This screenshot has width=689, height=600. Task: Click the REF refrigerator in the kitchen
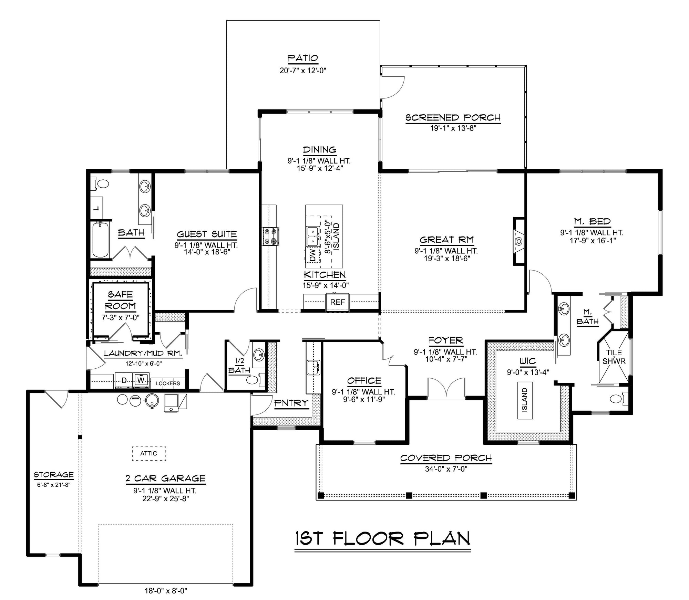(x=337, y=302)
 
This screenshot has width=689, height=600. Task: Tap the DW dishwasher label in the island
(x=312, y=255)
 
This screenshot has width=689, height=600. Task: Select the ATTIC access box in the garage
(x=149, y=453)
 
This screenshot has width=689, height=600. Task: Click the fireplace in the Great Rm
(x=519, y=241)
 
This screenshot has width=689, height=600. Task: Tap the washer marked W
(x=141, y=380)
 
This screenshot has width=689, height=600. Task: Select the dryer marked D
(x=124, y=380)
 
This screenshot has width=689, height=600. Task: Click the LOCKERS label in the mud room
(x=168, y=383)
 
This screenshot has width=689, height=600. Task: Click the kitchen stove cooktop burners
(x=270, y=236)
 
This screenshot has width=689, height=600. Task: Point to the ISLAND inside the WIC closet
(x=525, y=400)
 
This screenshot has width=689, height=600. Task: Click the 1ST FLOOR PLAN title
(x=382, y=538)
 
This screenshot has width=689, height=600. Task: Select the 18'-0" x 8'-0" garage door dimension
(x=165, y=591)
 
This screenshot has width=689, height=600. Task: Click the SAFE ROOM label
(x=120, y=300)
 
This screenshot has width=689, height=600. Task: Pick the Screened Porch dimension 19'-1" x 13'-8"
(x=453, y=128)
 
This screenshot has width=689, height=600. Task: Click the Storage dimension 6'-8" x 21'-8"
(x=54, y=485)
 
